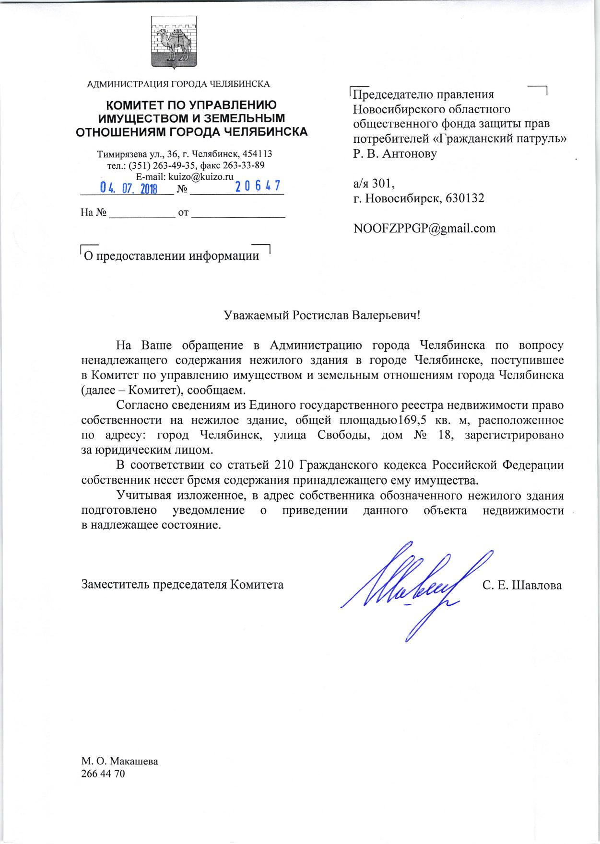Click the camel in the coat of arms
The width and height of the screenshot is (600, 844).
pos(173,43)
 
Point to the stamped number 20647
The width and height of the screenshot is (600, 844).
pos(258,186)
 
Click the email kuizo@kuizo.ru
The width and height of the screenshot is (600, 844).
pos(198,176)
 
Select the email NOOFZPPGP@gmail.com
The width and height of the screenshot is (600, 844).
pos(424,228)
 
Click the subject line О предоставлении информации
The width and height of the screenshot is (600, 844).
pos(172,256)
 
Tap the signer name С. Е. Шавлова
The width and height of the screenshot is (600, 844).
pos(522,585)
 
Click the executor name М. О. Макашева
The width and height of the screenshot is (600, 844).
pos(120,761)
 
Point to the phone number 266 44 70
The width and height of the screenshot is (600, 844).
pos(103,773)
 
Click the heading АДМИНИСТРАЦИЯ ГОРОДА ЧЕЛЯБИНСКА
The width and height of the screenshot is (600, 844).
pos(178,84)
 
